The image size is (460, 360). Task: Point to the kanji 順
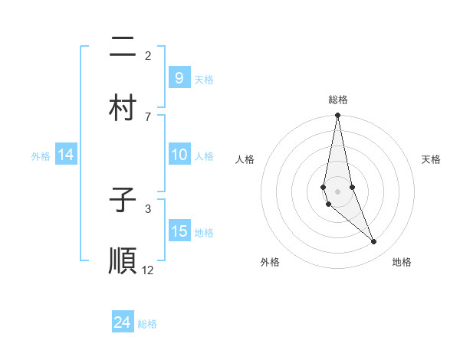point(123,260)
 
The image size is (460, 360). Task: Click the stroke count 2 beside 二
point(148,55)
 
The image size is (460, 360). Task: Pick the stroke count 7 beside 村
point(148,116)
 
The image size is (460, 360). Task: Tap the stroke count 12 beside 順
point(148,270)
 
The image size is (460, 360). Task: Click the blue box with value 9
point(179,77)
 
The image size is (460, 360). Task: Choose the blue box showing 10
point(179,155)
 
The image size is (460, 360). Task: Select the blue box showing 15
point(179,231)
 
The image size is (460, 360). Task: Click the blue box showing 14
point(66,155)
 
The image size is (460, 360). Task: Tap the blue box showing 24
point(123,322)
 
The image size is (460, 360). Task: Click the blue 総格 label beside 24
point(147,324)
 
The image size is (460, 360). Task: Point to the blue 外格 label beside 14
point(41,155)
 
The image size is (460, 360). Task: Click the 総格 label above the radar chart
point(338,100)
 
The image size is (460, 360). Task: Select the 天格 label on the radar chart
point(431,159)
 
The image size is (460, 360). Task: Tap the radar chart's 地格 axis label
point(402,262)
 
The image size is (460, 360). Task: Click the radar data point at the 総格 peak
point(337,116)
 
